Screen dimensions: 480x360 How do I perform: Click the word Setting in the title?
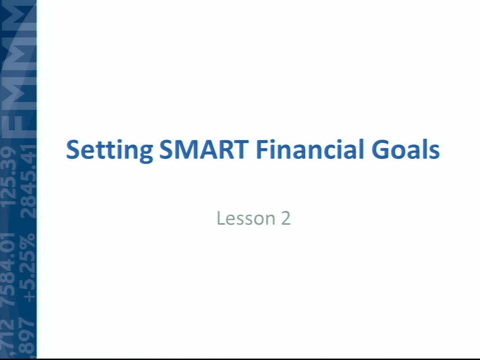pos(109,150)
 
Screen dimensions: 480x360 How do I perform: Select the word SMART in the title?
pos(204,150)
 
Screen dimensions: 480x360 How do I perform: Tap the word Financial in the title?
pos(310,149)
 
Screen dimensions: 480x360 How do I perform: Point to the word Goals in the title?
pos(405,150)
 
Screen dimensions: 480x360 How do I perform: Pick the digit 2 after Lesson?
pos(285,218)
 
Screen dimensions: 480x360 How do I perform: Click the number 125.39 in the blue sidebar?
pos(8,177)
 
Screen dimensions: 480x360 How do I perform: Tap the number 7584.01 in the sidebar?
pos(8,270)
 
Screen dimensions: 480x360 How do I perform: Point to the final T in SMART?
pos(240,150)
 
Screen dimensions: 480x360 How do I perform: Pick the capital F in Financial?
pos(263,150)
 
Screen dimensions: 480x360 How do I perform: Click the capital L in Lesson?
pos(221,218)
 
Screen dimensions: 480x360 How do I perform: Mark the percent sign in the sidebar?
pos(28,242)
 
